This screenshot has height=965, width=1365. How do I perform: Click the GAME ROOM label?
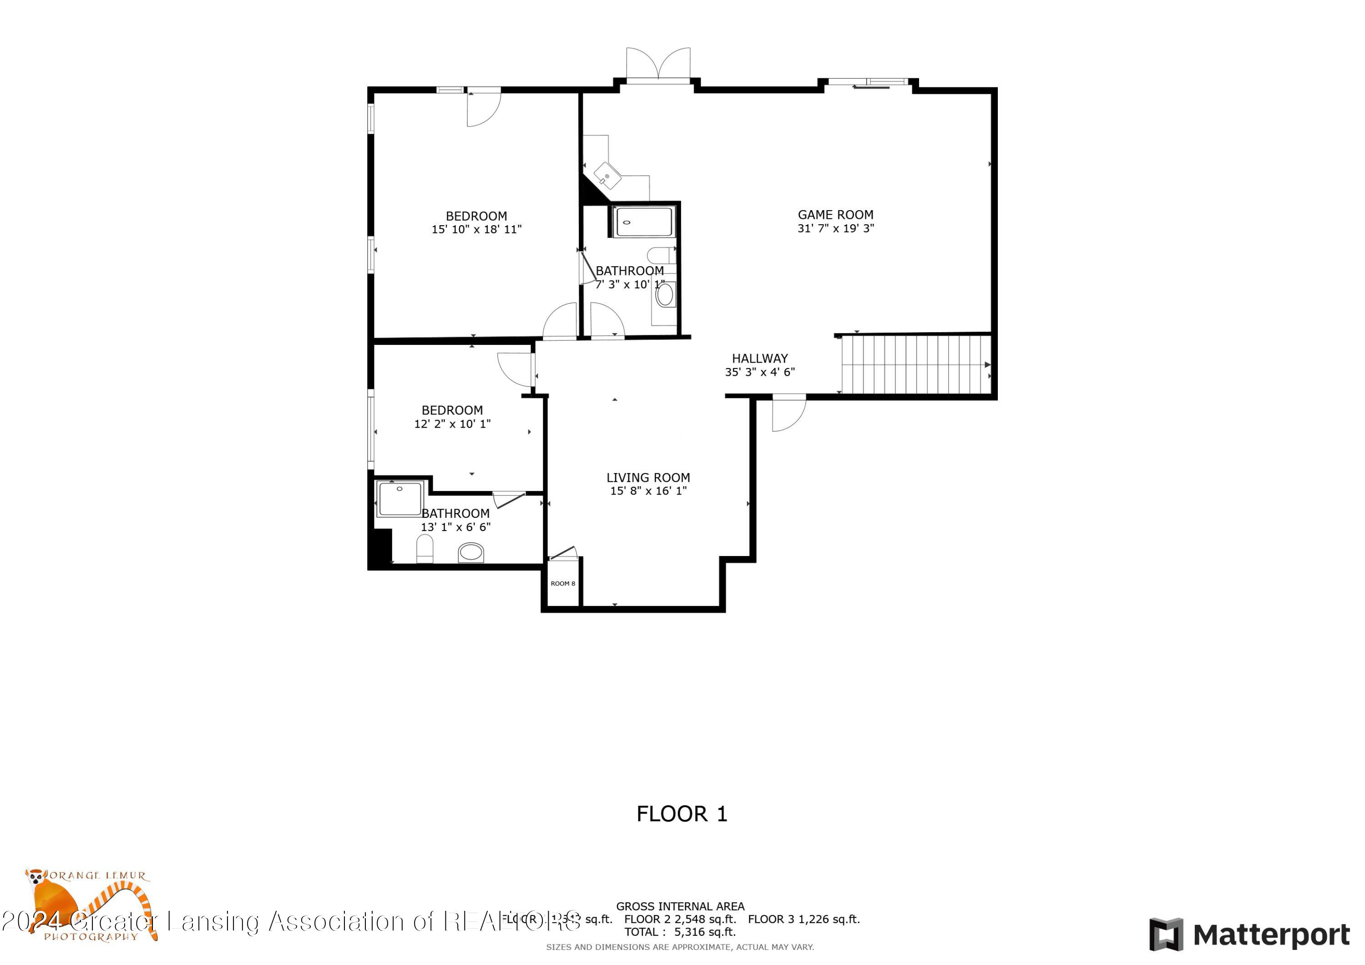coord(835,215)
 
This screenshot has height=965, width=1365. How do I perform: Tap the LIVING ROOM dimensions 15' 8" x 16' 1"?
coord(648,491)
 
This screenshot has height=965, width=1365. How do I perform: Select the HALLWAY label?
coord(759,359)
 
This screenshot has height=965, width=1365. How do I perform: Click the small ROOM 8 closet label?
coord(562,583)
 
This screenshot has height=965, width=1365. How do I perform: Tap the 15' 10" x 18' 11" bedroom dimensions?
coord(476,229)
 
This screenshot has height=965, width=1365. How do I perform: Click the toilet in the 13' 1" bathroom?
coord(425,548)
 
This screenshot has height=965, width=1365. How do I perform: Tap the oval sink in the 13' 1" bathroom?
coord(471,552)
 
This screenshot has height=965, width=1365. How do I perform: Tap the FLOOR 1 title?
coord(682,814)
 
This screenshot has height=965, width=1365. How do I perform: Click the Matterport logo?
coord(1249,935)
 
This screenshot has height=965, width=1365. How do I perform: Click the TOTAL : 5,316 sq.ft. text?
coord(679,932)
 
